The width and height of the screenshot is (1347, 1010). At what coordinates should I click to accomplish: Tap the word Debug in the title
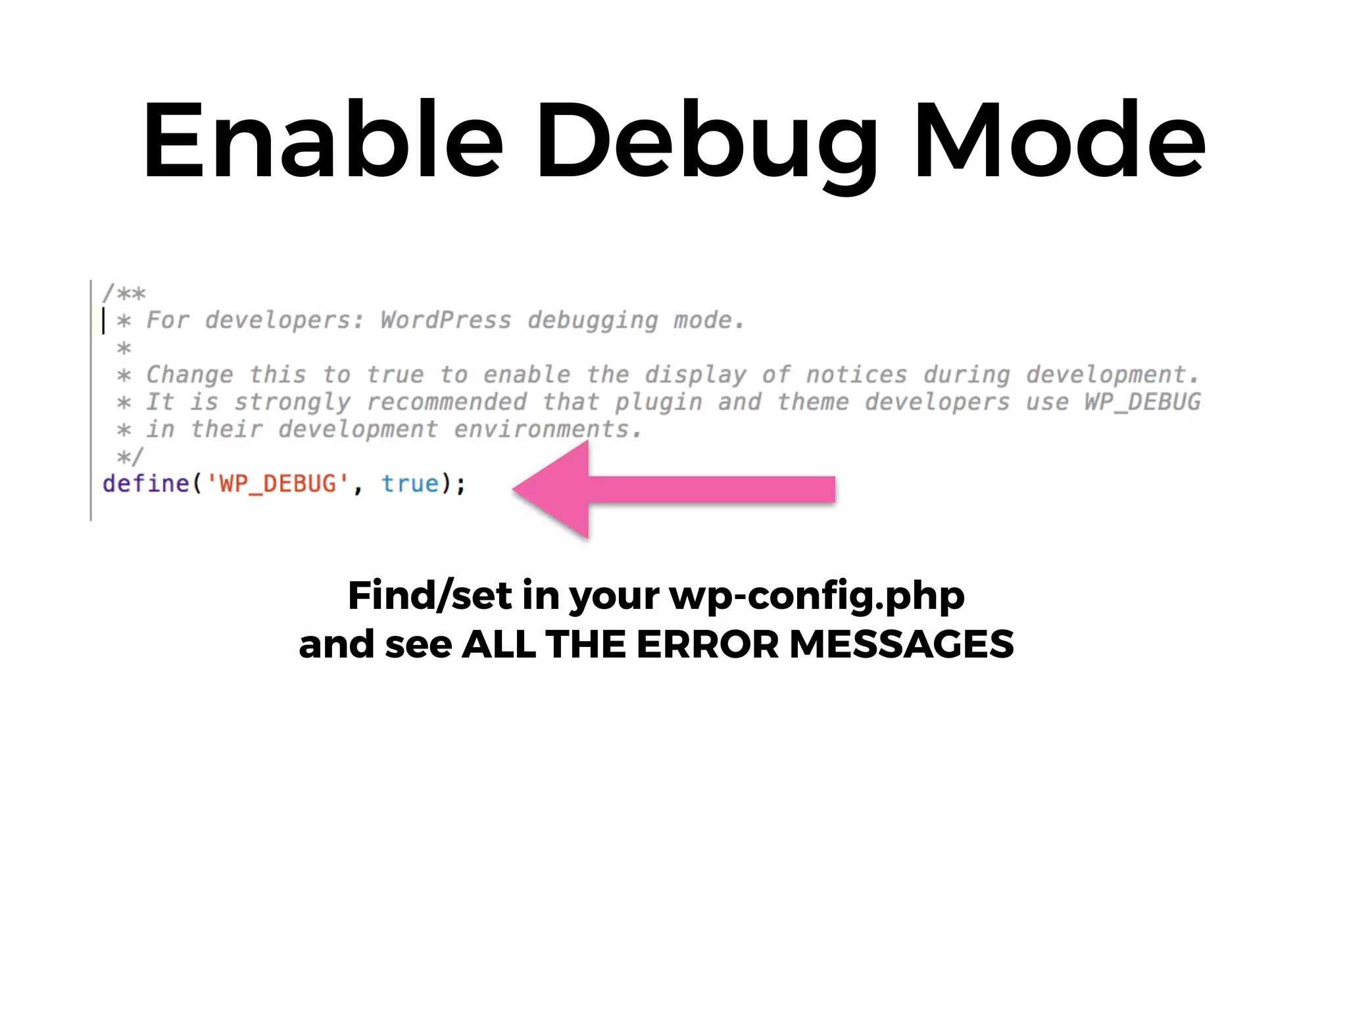pyautogui.click(x=707, y=141)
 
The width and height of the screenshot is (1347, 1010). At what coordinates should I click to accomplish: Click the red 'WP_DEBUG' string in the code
pyautogui.click(x=278, y=484)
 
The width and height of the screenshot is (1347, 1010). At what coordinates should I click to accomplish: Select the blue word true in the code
pyautogui.click(x=410, y=484)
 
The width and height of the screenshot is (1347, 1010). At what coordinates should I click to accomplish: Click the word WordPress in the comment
pyautogui.click(x=445, y=320)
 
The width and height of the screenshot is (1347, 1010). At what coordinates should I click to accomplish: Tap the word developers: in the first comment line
pyautogui.click(x=284, y=320)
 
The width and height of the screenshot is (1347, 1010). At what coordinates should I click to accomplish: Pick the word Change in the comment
pyautogui.click(x=189, y=375)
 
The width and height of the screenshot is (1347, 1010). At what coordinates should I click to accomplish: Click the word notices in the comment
pyautogui.click(x=856, y=375)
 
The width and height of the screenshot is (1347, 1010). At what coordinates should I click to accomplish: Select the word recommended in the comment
pyautogui.click(x=447, y=402)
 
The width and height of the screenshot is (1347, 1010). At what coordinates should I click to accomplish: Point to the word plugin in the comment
pyautogui.click(x=658, y=402)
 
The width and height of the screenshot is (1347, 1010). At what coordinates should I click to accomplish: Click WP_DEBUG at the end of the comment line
pyautogui.click(x=1142, y=402)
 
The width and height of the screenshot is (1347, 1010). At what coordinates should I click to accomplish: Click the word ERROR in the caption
pyautogui.click(x=707, y=644)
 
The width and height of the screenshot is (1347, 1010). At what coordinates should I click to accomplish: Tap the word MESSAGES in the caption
pyautogui.click(x=901, y=644)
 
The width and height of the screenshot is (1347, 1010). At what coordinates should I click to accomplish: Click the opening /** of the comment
pyautogui.click(x=124, y=293)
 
